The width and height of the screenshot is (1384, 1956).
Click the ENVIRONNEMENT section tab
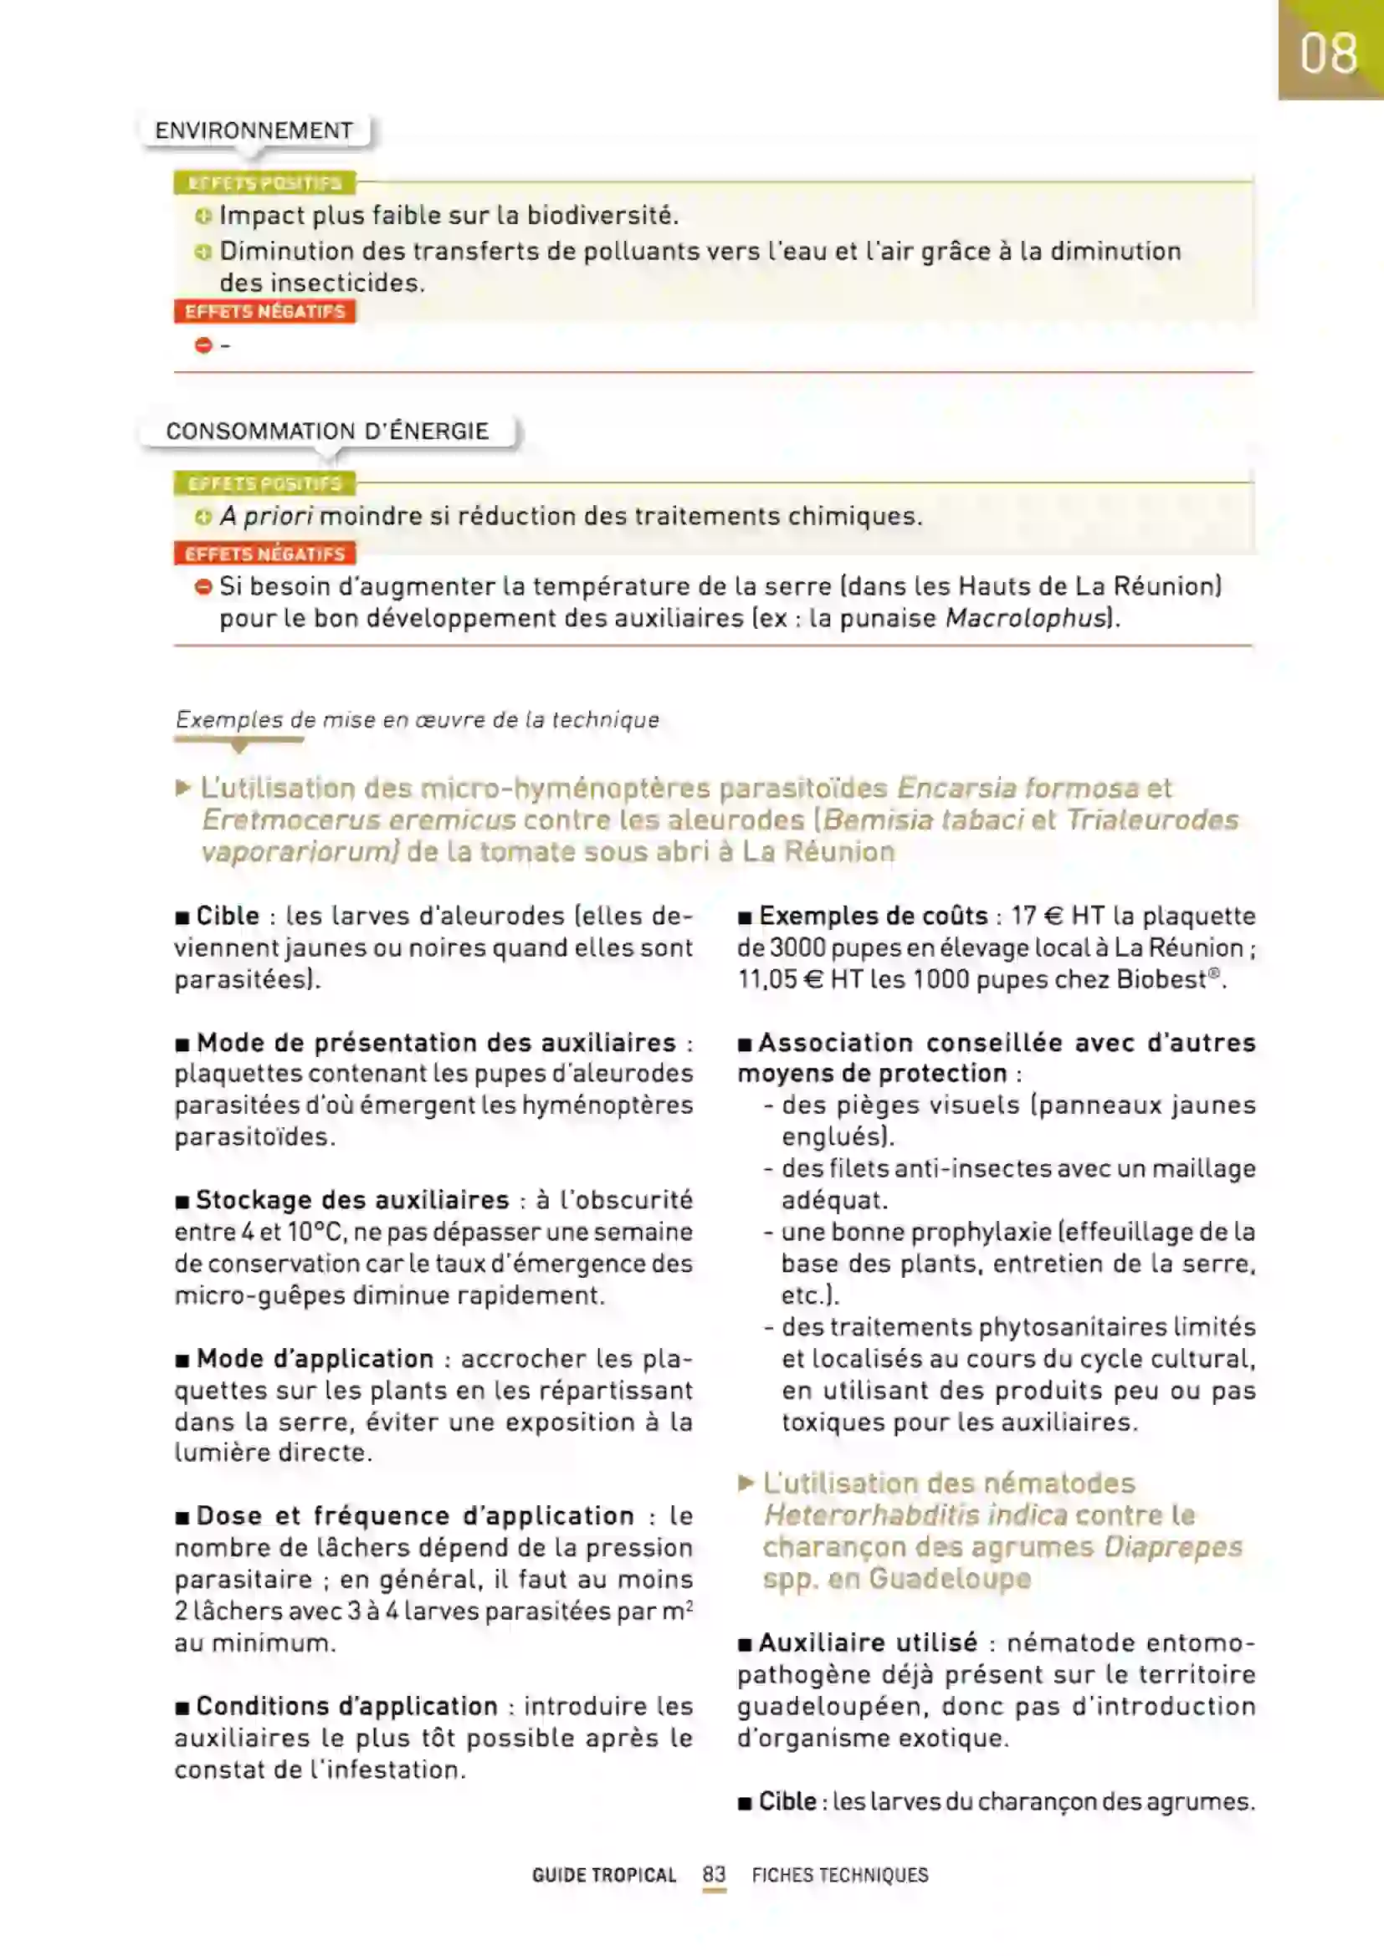pos(254,131)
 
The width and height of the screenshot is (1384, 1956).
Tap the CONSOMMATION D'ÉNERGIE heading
pos(327,431)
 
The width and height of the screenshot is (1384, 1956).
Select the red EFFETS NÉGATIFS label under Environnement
pos(265,312)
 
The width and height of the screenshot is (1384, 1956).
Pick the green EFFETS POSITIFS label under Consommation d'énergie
pos(265,484)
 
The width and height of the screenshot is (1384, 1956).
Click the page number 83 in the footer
pos(714,1874)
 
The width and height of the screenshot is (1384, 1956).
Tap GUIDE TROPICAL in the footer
pos(603,1875)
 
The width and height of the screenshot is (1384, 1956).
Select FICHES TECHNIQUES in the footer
pos(839,1875)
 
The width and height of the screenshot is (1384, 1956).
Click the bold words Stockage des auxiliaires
pos(352,1200)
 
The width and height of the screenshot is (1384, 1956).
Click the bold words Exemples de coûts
pos(873,916)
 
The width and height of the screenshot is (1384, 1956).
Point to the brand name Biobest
pos(1161,980)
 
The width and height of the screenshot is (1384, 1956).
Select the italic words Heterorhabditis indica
pos(915,1515)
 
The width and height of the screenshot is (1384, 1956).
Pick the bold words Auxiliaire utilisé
pos(868,1642)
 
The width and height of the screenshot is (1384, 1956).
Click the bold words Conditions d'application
pos(347,1707)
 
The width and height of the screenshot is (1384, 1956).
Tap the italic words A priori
pos(267,516)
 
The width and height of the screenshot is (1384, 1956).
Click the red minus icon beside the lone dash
pos(203,345)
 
